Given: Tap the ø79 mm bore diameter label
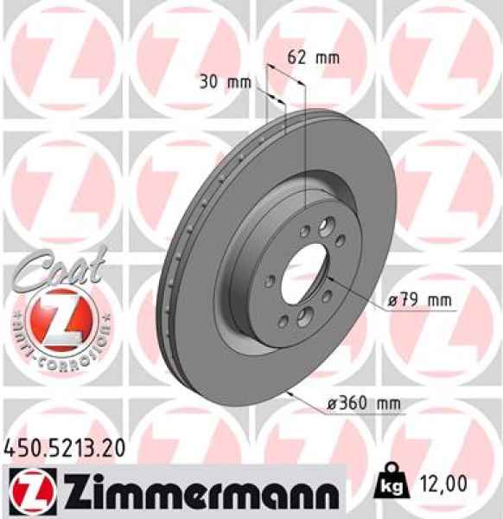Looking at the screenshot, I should click(421, 300).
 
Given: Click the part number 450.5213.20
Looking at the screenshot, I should click(58, 448).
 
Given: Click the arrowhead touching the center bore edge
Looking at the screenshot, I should click(327, 278).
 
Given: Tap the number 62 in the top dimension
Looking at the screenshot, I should click(297, 59).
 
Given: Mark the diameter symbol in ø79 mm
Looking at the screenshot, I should click(392, 300).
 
